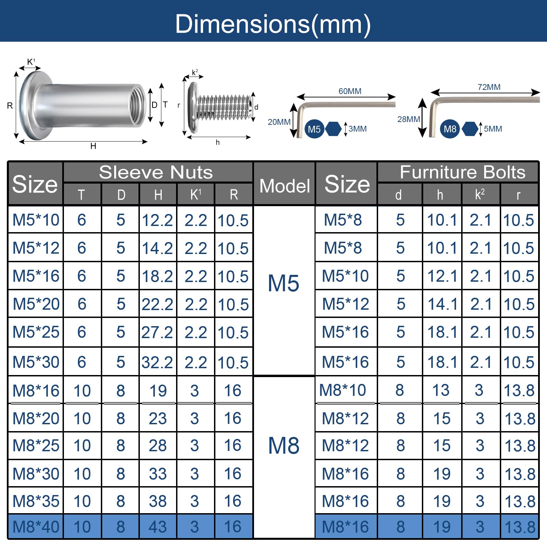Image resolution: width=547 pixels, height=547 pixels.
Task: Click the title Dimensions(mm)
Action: (x=273, y=24)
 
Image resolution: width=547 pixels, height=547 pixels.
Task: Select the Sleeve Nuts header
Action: (x=156, y=172)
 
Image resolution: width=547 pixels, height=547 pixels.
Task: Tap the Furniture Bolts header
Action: (x=463, y=172)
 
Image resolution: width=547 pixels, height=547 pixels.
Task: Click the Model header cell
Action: (x=284, y=186)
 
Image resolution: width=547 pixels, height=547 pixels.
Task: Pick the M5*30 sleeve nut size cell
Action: (x=36, y=362)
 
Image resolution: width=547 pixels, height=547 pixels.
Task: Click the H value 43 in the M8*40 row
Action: (x=158, y=526)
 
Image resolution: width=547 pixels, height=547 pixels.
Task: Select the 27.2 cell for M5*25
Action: (x=157, y=332)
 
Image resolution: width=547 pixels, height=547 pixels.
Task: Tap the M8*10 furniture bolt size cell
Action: (x=343, y=390)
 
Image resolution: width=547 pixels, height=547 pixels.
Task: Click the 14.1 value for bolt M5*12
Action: (x=442, y=304)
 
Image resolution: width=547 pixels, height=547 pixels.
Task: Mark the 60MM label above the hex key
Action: (x=350, y=91)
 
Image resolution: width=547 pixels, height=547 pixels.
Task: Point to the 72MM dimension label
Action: (x=489, y=87)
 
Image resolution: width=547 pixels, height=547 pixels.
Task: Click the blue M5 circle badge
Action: (x=314, y=129)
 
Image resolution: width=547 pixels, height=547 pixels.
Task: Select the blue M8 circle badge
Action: (x=450, y=129)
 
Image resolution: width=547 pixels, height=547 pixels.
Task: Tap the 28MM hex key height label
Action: (x=409, y=119)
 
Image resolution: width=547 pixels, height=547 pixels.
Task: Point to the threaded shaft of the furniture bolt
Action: (x=224, y=107)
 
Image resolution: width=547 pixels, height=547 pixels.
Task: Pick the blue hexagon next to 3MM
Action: (x=333, y=129)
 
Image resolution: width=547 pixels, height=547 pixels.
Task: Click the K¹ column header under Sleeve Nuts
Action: (x=196, y=195)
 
